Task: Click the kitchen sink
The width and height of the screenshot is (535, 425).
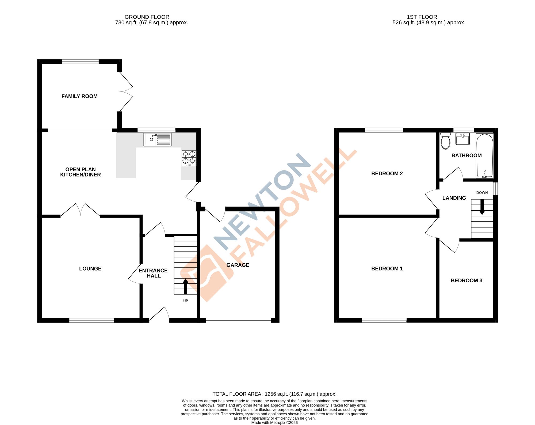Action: pos(157,139)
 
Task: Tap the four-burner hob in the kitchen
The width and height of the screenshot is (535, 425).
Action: pos(189,158)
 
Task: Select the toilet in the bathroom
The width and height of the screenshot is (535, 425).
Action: pos(445,141)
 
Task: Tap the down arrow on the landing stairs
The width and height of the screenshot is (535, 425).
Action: pos(482,207)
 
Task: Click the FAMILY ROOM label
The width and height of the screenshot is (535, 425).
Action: pos(79,96)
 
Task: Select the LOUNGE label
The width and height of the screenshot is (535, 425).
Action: pos(90,269)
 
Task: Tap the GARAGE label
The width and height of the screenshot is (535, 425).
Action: pos(238,265)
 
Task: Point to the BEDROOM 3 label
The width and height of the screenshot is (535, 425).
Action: pos(467,280)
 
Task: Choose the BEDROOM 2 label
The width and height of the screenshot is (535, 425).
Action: pos(387,173)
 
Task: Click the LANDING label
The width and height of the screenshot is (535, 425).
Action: pos(454,198)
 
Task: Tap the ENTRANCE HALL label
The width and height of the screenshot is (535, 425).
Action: pos(153,273)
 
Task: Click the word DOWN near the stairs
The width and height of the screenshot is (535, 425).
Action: pos(482,193)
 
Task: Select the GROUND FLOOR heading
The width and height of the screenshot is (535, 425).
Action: pos(147,17)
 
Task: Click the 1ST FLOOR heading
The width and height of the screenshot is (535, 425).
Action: pos(422,17)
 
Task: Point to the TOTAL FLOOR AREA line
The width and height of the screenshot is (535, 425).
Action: pos(274,394)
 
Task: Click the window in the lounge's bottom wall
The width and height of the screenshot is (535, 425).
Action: pos(92,320)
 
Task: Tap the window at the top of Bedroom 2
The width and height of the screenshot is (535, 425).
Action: pos(384,130)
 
